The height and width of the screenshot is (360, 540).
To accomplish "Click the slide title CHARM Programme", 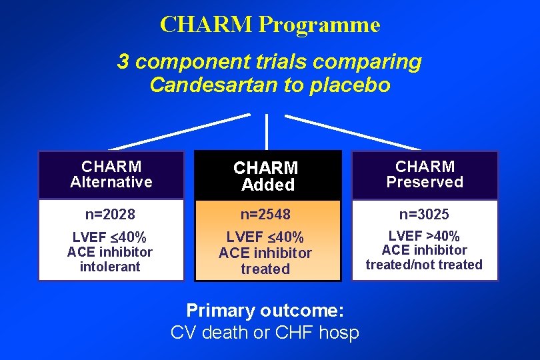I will point(270,25).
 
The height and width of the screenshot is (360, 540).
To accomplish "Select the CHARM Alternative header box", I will point(111,175).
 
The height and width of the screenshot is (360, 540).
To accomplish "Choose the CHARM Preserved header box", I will point(425,175).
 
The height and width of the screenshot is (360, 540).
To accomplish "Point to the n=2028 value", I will point(111,215).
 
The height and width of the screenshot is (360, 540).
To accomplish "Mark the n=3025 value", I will point(424,215).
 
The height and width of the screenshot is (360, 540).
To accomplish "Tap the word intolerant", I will point(110,267).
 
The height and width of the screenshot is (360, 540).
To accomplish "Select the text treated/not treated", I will point(424,265).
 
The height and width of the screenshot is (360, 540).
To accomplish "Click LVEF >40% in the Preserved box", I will point(424,236).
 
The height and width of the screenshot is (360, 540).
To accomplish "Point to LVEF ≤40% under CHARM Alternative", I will point(110,237).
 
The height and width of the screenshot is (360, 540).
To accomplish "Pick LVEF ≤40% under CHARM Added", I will point(265,237).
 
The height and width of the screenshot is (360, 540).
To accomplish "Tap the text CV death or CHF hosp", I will point(265,332).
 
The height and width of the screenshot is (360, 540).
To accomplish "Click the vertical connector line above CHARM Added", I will point(267,131).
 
